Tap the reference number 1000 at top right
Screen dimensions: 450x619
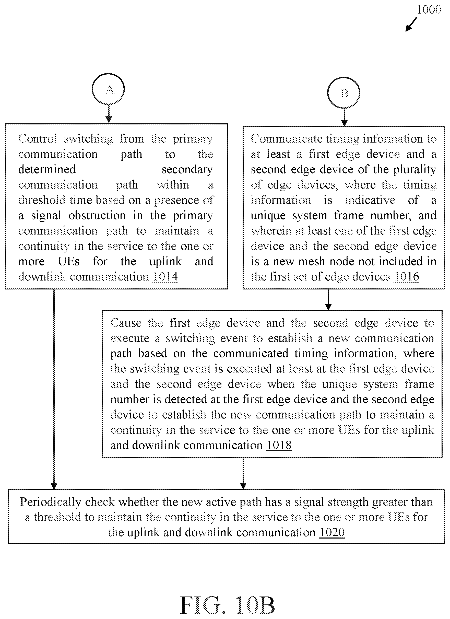[429, 10]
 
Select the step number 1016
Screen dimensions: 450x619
[407, 277]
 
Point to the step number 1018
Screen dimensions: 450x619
[279, 445]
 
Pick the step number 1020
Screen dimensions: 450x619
[332, 532]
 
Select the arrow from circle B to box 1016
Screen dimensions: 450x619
[344, 117]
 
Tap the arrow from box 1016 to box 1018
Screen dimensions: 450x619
[328, 300]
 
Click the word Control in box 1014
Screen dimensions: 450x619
[37, 139]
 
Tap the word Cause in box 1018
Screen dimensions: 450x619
[126, 323]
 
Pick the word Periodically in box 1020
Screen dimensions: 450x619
[51, 502]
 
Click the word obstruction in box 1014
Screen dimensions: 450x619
[97, 216]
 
